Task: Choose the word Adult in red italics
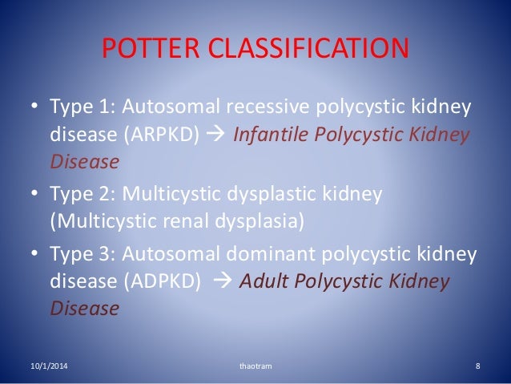tap(260, 281)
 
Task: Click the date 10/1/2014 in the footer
tap(41, 366)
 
